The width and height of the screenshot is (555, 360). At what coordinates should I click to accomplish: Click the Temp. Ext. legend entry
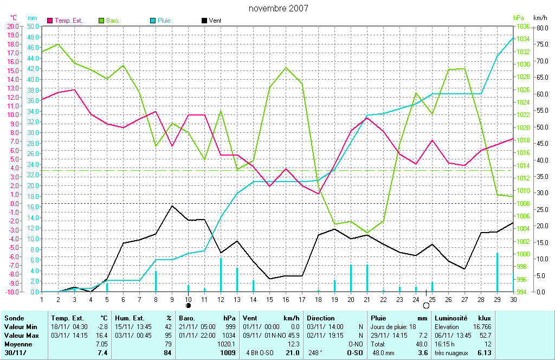[x=65, y=21]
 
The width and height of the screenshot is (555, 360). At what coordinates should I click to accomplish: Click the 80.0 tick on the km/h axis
[x=540, y=26]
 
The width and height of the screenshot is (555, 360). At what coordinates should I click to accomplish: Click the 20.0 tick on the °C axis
[x=12, y=26]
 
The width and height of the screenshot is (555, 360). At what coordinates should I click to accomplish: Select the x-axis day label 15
[x=269, y=299]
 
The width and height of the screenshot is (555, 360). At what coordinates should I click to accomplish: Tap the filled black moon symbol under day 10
[x=189, y=306]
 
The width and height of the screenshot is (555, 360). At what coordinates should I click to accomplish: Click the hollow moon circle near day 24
[x=426, y=306]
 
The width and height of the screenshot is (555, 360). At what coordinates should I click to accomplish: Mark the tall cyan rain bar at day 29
[x=497, y=272]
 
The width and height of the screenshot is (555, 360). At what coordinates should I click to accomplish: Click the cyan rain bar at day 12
[x=221, y=274]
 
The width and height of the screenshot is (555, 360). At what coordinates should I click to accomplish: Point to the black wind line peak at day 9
[x=172, y=205]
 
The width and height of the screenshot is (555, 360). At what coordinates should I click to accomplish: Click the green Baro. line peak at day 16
[x=286, y=67]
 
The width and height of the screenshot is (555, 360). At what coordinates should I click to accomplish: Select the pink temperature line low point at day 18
[x=318, y=194]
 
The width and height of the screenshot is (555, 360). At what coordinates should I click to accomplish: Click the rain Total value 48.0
[x=421, y=344]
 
